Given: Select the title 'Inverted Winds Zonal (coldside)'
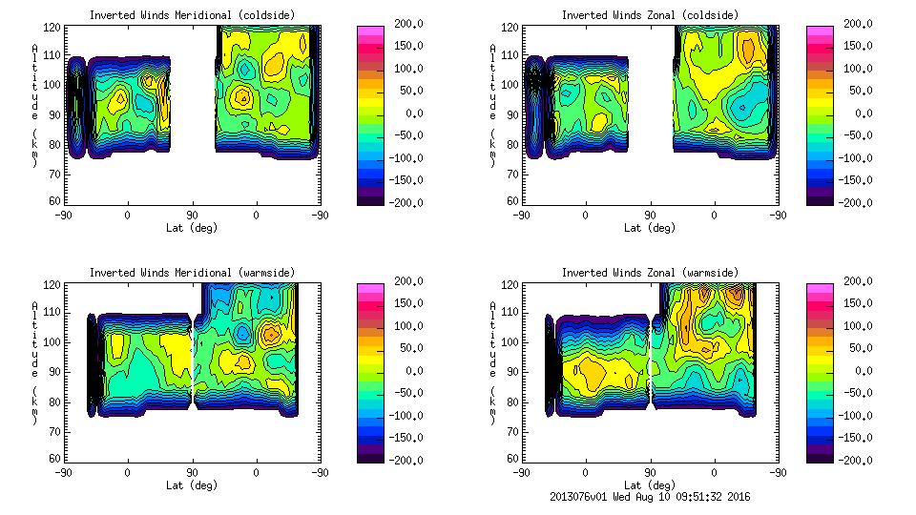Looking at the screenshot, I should [650, 15].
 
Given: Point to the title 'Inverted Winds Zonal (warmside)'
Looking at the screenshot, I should [650, 273].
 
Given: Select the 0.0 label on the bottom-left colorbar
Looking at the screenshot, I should [409, 370].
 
